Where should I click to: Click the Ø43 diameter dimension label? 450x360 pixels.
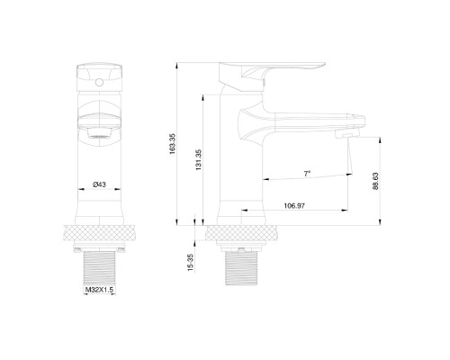[99, 184]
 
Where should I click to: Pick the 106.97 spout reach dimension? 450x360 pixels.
[292, 206]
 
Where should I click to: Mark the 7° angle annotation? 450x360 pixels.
[306, 171]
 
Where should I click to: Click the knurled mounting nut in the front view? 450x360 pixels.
[99, 231]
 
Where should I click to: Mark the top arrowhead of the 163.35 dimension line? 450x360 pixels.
[178, 65]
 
